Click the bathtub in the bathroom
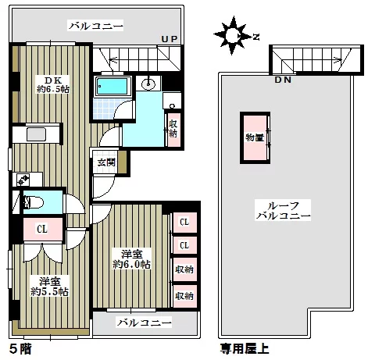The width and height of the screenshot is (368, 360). click(113, 86)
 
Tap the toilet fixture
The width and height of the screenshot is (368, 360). click(33, 202)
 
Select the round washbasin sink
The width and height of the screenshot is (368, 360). click(148, 84)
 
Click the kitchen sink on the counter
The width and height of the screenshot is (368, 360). click(37, 134)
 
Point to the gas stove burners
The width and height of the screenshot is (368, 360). click(23, 180)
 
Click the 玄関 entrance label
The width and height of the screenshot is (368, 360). click(106, 162)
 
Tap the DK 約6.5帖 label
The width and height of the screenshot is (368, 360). click(53, 85)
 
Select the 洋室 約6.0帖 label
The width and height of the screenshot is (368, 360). click(132, 259)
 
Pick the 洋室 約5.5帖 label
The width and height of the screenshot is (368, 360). click(49, 287)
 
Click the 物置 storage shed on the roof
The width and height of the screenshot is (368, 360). click(255, 137)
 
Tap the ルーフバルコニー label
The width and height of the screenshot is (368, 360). click(283, 210)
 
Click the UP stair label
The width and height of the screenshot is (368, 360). click(170, 39)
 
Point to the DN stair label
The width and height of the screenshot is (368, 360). click(283, 80)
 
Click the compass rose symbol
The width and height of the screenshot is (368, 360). click(233, 35)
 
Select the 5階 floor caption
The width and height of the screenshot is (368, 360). click(20, 348)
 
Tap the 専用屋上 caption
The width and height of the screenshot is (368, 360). click(245, 348)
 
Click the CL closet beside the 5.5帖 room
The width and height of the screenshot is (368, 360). click(43, 229)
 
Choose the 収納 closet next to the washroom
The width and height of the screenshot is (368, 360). click(173, 129)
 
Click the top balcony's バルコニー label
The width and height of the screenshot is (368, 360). click(95, 26)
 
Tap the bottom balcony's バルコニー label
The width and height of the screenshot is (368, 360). click(144, 323)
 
